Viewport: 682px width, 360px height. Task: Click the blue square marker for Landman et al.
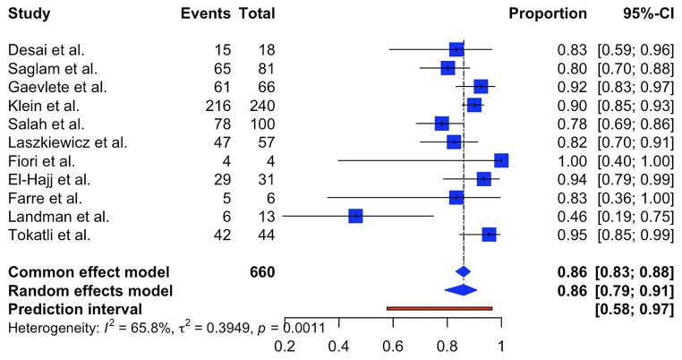pos(355,216)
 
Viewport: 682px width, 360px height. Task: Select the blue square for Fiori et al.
pos(500,160)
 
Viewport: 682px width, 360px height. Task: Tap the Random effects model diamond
pos(461,289)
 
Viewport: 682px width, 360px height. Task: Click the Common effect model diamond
pos(463,271)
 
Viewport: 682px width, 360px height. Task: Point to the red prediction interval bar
pos(439,308)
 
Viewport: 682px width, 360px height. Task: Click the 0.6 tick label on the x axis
pos(393,346)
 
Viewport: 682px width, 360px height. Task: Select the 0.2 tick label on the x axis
pos(286,346)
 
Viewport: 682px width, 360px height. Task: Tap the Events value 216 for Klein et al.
pos(217,105)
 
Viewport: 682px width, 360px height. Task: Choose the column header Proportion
pos(548,14)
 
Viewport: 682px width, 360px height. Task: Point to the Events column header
pos(205,14)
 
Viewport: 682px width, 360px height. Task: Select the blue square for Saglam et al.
pos(448,68)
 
